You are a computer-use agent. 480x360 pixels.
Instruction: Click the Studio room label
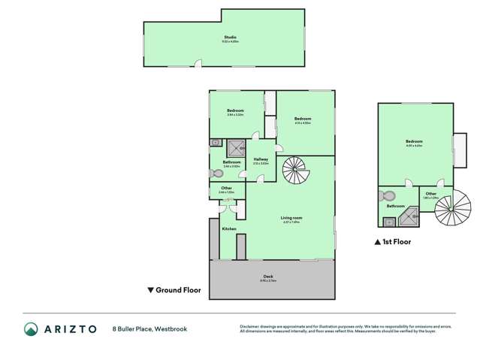229,37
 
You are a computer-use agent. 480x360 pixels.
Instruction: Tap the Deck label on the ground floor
268,277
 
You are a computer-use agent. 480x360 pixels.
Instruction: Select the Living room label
291,219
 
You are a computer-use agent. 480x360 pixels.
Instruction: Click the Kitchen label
229,228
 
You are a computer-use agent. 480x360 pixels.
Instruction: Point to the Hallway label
261,159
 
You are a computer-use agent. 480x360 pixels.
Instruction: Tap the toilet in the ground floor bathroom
214,172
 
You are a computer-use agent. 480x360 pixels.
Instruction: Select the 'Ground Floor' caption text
178,289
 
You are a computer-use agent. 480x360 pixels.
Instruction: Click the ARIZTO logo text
68,329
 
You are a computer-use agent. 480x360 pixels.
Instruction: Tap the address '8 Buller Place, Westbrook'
149,329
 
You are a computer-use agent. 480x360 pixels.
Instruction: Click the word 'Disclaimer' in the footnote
251,325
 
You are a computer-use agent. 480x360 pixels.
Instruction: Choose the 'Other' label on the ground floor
226,188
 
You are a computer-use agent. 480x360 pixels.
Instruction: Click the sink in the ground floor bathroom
215,141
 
